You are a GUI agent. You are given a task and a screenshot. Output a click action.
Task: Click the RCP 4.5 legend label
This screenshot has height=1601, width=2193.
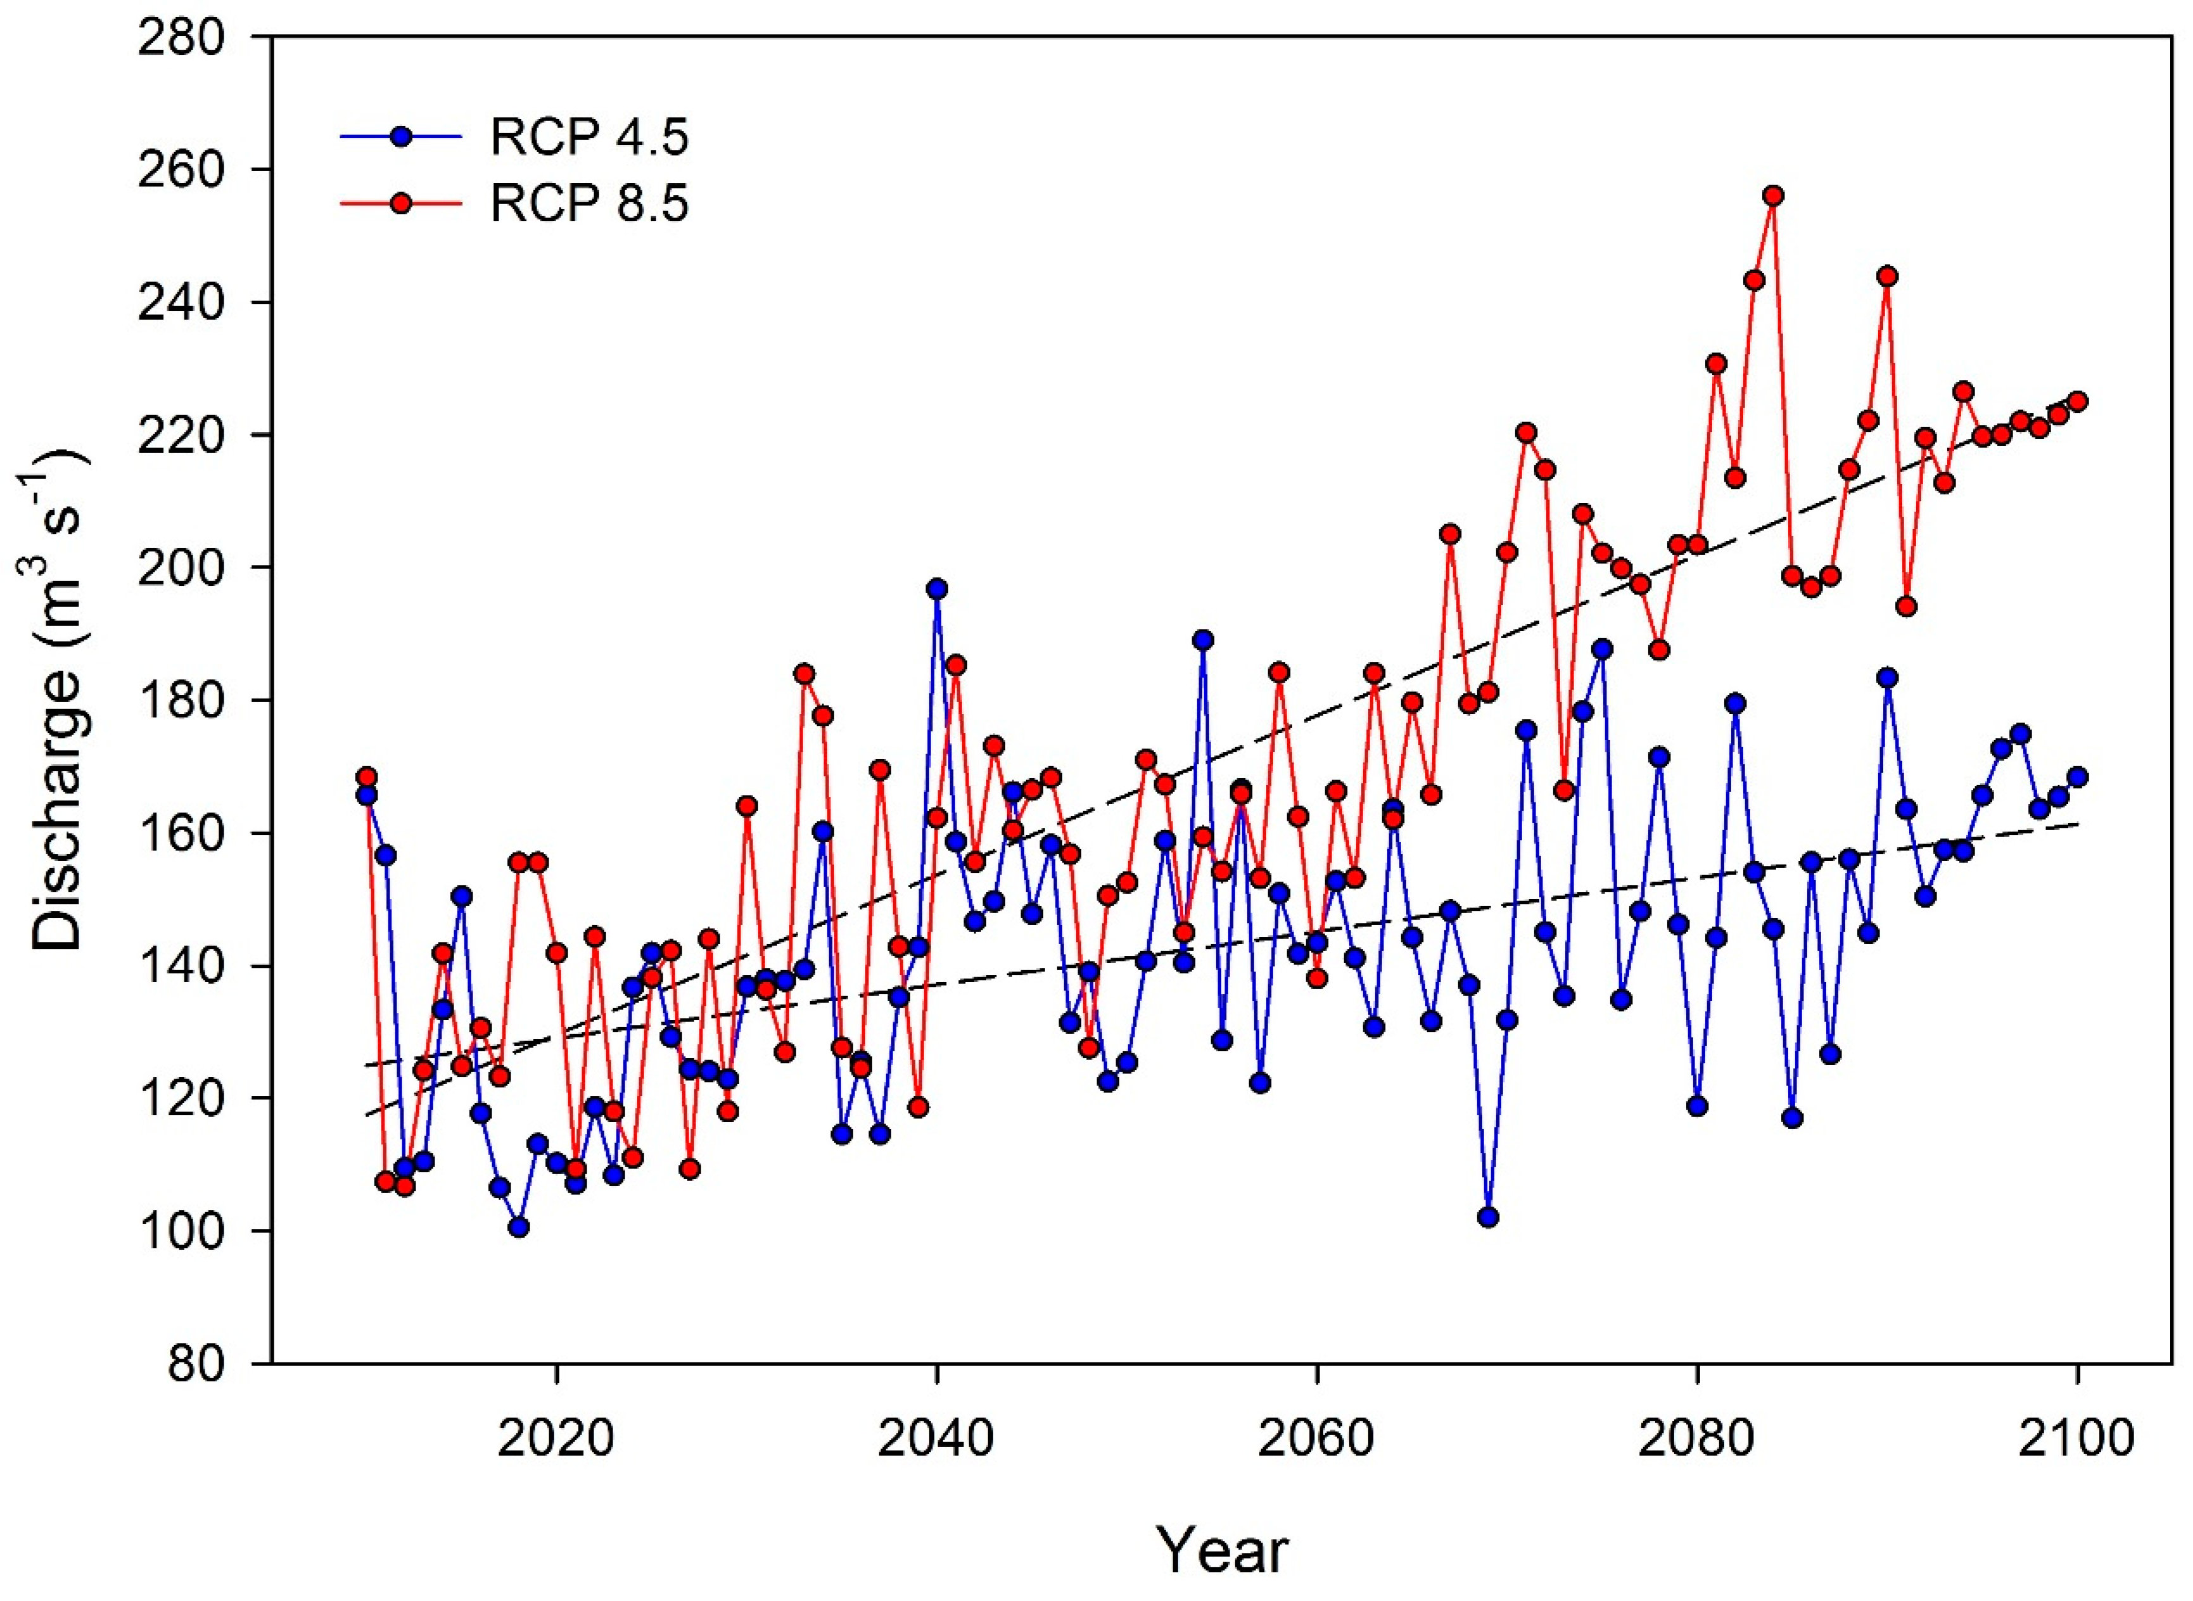(589, 139)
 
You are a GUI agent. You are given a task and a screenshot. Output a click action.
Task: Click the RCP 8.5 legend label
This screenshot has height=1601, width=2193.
(589, 205)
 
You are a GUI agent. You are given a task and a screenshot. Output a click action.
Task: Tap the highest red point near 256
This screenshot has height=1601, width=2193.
(1774, 196)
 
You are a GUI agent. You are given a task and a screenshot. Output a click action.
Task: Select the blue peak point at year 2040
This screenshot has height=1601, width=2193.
(937, 589)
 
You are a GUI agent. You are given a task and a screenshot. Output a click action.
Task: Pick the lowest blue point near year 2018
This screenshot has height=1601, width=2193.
(518, 1227)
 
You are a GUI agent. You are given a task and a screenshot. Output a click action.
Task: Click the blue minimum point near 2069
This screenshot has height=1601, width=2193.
(1489, 1217)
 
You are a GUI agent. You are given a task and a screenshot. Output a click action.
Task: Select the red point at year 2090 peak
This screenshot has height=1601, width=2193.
(1887, 276)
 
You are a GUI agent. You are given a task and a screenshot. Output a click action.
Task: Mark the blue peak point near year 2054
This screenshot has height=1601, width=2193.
(1204, 640)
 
